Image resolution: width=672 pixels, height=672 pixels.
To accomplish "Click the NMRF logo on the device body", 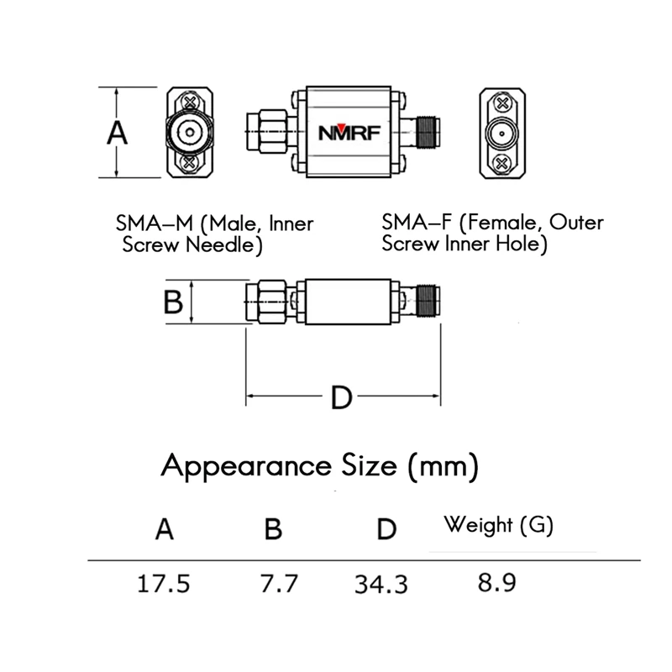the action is (x=349, y=133).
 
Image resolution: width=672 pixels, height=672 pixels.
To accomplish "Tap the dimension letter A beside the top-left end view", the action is (x=117, y=133).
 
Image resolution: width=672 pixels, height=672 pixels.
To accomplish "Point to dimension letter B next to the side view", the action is (x=173, y=302).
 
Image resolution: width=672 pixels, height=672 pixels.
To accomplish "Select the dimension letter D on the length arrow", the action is (x=342, y=397).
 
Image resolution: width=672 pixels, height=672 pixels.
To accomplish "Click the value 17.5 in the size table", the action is (x=163, y=584).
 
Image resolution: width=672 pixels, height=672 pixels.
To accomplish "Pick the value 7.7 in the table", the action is (x=279, y=583).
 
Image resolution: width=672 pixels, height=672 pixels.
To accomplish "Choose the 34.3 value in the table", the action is (x=381, y=584).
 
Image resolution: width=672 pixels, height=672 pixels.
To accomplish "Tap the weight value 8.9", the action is (x=496, y=582).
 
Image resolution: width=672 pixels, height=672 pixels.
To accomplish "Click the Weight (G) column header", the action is (x=498, y=525).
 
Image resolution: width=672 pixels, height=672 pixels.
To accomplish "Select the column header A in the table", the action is (x=165, y=529).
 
